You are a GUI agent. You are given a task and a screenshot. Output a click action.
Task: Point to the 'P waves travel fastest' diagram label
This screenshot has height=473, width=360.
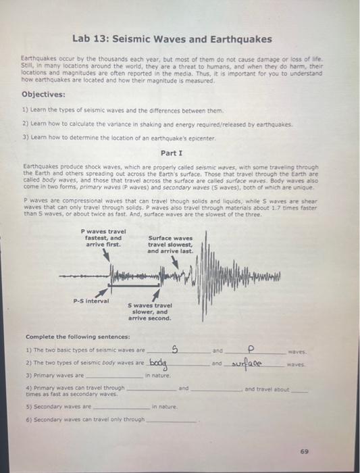point(103,238)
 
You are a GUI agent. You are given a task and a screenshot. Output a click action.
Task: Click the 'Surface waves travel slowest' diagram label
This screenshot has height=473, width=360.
point(170,244)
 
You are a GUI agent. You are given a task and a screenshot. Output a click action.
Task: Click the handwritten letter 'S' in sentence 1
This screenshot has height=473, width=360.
point(175,349)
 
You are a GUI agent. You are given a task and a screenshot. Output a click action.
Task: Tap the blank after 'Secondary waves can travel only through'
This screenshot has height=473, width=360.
point(172,420)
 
